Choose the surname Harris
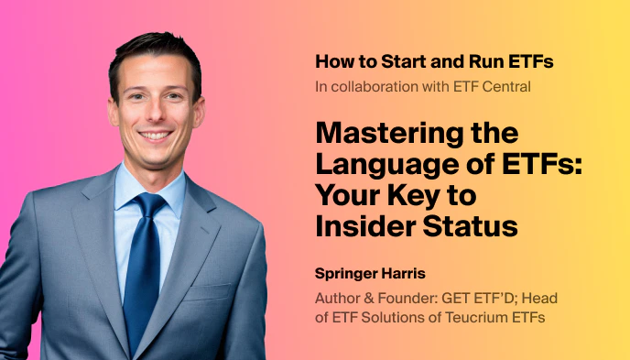[x=407, y=275]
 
